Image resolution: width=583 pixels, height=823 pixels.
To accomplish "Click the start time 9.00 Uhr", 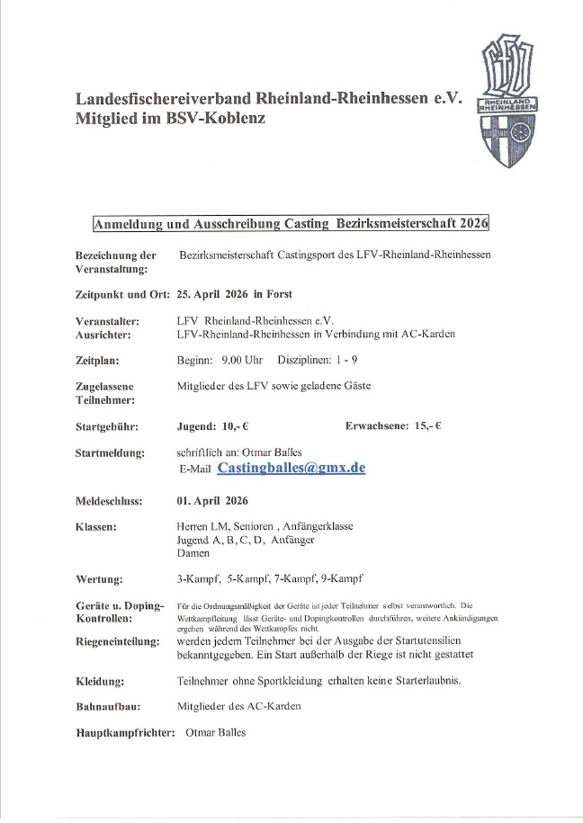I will [x=242, y=361].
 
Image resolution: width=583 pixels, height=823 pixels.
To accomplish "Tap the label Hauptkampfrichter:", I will [x=125, y=733].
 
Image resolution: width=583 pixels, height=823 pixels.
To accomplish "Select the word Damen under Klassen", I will [x=193, y=555].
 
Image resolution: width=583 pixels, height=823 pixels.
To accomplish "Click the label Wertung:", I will [x=100, y=582].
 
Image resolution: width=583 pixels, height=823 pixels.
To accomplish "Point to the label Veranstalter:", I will [x=111, y=319].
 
